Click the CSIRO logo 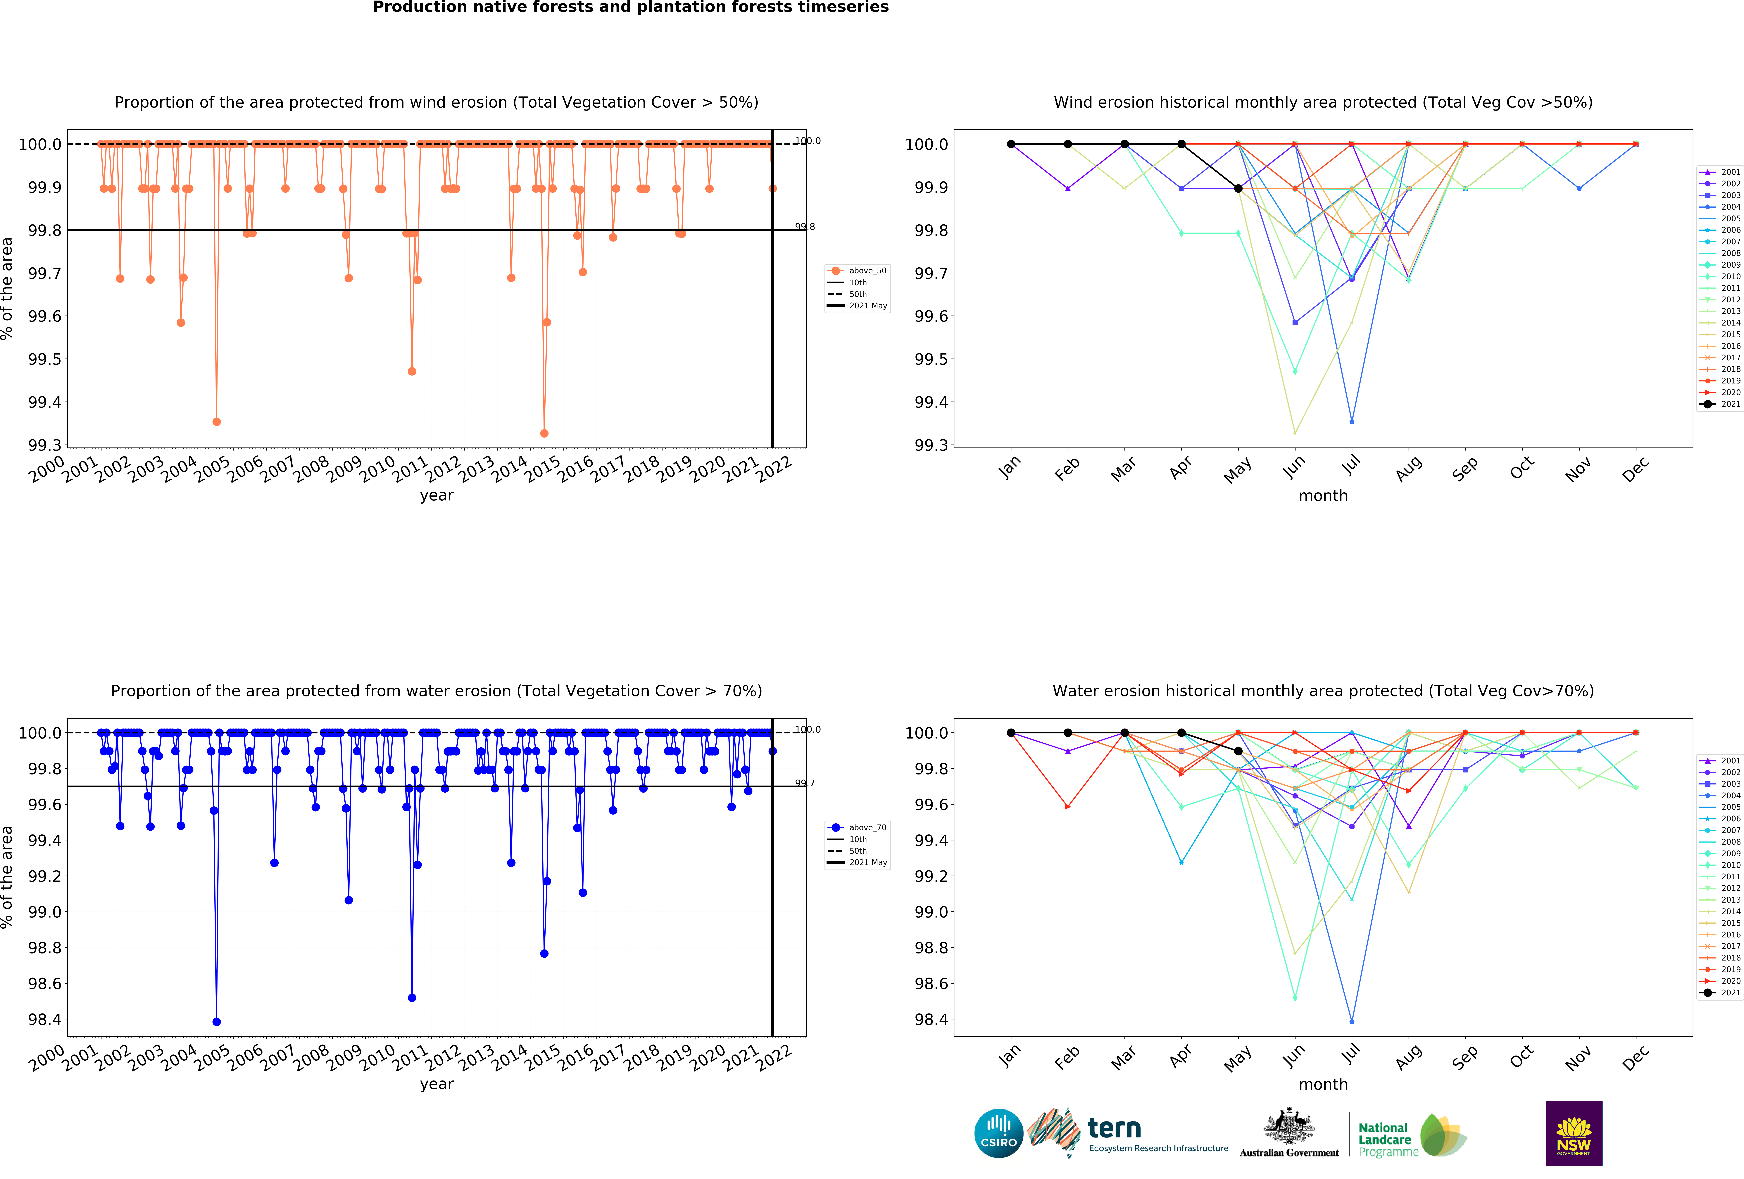pos(998,1133)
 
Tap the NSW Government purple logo pos(1574,1133)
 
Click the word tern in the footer pos(1114,1128)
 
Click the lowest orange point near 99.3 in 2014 pos(544,433)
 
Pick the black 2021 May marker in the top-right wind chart pos(1238,188)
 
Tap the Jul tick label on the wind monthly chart pos(1351,467)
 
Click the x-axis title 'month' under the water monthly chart pos(1323,1085)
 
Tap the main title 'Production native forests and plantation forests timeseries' pos(630,8)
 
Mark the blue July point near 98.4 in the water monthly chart pos(1352,1021)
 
